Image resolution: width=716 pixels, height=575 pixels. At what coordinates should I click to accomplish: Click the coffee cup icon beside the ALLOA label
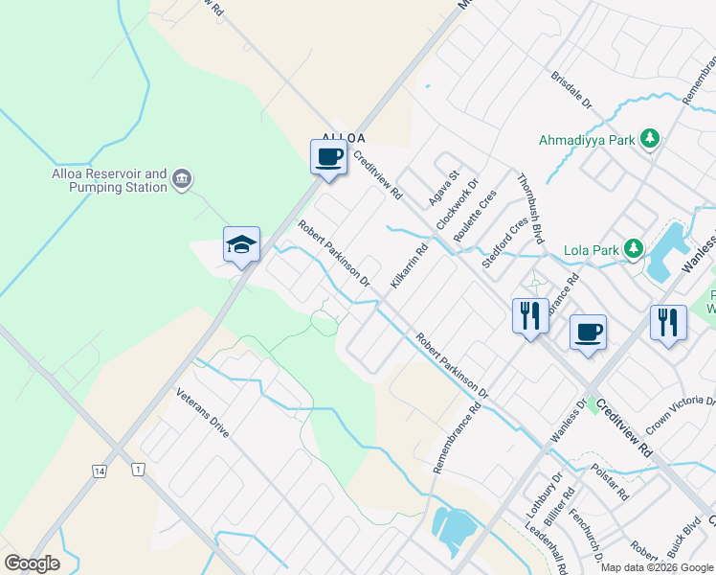coord(328,156)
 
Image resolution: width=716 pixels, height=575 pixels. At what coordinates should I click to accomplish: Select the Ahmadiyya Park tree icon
coord(650,139)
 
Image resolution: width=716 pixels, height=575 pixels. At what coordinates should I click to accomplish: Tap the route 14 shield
coord(100,470)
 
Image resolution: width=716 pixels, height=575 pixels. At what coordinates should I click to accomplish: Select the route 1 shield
coord(139,470)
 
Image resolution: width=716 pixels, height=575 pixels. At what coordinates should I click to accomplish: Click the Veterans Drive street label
coord(203,412)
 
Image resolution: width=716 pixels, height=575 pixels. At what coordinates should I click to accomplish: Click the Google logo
coord(32,563)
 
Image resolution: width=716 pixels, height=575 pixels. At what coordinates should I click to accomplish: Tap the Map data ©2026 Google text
coord(657,567)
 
